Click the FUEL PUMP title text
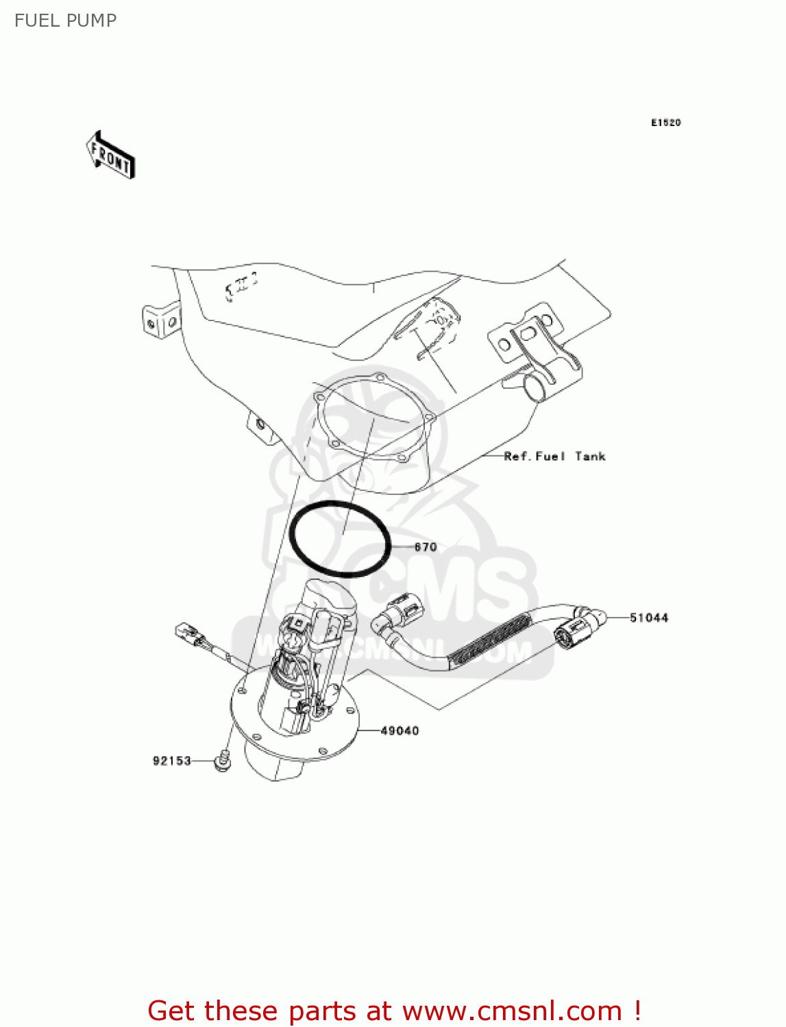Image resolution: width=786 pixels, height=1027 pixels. pos(65,21)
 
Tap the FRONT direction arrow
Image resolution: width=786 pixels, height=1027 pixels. pos(110,155)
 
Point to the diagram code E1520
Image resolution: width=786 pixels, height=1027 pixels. pos(665,123)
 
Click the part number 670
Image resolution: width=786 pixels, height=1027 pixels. pos(426,547)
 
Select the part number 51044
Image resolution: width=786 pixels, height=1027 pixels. pos(649,618)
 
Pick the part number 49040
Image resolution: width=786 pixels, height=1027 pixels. pos(400,731)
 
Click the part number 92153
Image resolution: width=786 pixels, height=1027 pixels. pos(171,761)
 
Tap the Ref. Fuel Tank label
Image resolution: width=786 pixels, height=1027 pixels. pos(554,456)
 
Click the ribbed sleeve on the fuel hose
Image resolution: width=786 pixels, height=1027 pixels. pos(491,641)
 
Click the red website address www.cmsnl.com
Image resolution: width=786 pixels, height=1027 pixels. pos(512,1011)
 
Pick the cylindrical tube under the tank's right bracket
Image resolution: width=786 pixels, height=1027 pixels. pos(537,388)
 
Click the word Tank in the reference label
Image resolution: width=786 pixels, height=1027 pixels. pos(590,456)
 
